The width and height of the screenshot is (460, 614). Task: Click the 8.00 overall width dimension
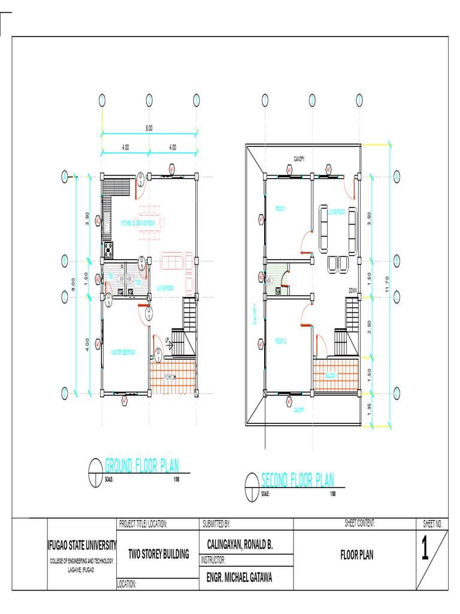tap(149, 128)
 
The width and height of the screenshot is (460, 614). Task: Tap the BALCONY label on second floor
tap(332, 376)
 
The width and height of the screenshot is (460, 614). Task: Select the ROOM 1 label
tap(281, 208)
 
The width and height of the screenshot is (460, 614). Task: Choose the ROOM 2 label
tap(281, 341)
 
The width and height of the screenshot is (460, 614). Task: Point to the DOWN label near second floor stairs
tap(353, 290)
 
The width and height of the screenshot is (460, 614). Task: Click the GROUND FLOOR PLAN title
tap(141, 465)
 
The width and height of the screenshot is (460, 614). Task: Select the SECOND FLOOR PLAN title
tap(298, 480)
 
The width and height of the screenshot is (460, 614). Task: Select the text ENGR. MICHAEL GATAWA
tap(240, 578)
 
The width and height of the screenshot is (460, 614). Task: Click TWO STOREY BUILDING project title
tap(159, 554)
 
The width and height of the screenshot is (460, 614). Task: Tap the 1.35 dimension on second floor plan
tap(370, 409)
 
